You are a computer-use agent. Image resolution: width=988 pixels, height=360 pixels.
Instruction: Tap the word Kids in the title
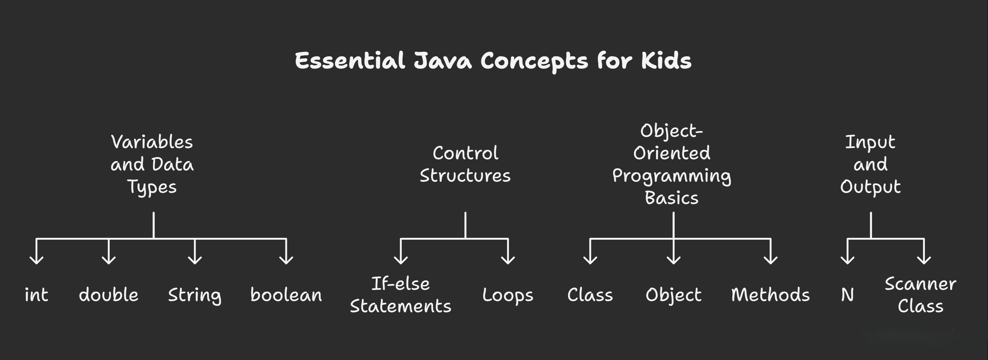point(666,61)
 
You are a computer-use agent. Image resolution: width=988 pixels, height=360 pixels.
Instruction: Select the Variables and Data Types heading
point(152,164)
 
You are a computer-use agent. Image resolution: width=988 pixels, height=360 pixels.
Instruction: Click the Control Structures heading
point(465,164)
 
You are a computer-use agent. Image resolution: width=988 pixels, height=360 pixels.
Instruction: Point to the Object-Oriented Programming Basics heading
point(672,164)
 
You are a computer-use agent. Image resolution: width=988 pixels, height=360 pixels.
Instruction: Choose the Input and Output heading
point(870,164)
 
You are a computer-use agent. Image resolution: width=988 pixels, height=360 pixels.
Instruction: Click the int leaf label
point(36,295)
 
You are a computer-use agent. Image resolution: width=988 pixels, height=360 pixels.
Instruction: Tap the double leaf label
point(108,295)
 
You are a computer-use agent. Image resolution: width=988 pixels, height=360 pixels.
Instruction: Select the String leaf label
point(195,295)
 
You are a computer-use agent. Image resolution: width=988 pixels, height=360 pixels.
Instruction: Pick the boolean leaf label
point(286,295)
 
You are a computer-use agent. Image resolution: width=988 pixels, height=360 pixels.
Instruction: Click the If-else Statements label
point(400,295)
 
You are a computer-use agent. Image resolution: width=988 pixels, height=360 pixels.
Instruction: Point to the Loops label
point(508,295)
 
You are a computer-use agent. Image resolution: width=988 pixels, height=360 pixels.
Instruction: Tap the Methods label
point(770,295)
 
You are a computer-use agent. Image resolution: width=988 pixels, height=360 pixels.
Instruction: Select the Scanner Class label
point(920,295)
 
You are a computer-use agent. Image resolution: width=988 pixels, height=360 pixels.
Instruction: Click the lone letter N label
point(847,295)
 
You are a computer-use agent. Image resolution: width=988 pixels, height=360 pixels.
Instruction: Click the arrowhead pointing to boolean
point(286,261)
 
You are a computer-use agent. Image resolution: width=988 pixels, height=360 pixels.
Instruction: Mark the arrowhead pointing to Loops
point(508,261)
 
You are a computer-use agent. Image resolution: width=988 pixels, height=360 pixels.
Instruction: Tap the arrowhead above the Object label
point(673,261)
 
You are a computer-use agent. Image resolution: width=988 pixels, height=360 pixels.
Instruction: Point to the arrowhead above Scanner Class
point(924,261)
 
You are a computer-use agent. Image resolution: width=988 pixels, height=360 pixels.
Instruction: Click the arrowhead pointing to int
point(36,261)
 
